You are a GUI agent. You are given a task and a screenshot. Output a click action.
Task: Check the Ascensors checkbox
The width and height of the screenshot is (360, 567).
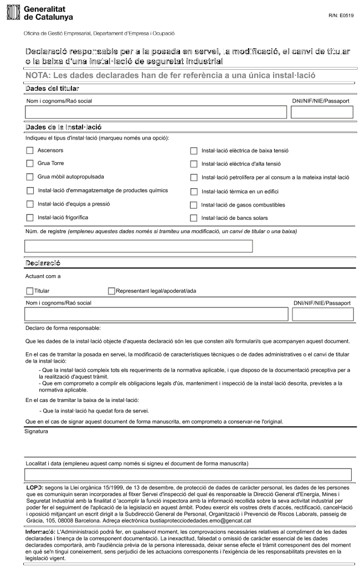click(x=30, y=150)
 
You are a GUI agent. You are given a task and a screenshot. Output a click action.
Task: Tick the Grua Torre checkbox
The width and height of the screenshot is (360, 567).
click(x=30, y=163)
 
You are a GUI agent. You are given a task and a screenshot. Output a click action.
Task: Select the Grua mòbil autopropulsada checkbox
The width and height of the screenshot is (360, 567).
click(x=30, y=177)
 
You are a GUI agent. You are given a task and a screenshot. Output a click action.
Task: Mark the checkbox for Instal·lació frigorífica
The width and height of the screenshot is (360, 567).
click(x=30, y=218)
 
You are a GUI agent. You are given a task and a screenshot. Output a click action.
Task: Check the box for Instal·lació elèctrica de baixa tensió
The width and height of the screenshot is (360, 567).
click(x=194, y=151)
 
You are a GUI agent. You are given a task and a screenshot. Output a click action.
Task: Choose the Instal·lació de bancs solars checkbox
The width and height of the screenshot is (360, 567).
click(x=194, y=218)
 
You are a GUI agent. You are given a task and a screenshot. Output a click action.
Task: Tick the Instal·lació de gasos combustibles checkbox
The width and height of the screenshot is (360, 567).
click(x=194, y=205)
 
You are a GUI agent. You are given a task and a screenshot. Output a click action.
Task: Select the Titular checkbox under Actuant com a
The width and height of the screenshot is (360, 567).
click(x=30, y=290)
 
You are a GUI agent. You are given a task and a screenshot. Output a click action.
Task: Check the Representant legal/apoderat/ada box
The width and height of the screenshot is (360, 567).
click(x=112, y=290)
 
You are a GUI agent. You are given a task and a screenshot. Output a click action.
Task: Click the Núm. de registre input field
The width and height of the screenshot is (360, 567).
click(x=138, y=246)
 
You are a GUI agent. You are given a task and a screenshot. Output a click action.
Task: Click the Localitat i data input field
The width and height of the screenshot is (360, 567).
click(x=188, y=475)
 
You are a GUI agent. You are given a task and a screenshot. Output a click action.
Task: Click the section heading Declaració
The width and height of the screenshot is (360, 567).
click(x=43, y=262)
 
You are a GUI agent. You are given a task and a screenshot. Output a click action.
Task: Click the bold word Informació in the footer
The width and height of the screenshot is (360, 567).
click(x=41, y=531)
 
